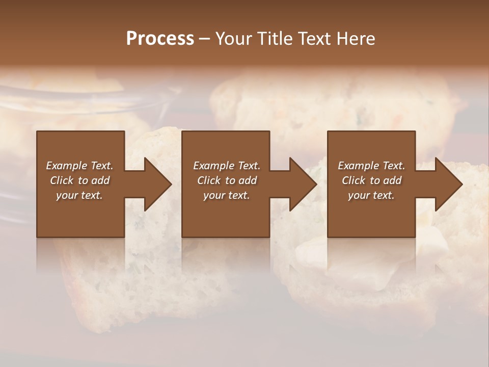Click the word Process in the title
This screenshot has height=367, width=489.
click(x=160, y=39)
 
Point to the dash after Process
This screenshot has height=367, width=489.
click(x=204, y=39)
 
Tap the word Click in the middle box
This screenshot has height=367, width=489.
click(x=209, y=180)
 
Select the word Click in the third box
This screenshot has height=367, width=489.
click(x=354, y=180)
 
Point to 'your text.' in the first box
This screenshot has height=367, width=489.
click(x=79, y=195)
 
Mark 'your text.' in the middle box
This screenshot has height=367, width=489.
click(x=227, y=195)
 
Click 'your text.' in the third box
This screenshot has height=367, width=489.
click(x=371, y=195)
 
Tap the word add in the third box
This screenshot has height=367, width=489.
click(x=392, y=180)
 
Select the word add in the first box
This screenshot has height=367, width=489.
click(x=100, y=180)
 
